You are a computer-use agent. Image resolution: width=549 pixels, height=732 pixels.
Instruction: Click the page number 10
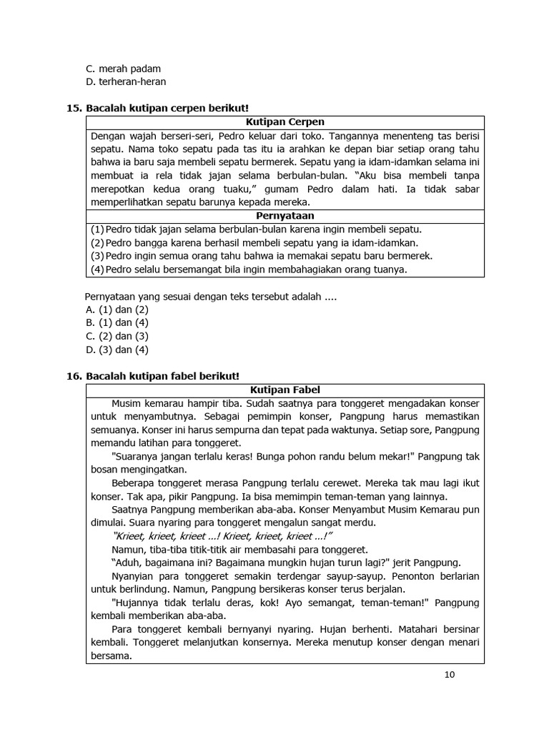click(449, 673)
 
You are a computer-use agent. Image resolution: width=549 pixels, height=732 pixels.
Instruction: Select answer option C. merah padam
click(123, 69)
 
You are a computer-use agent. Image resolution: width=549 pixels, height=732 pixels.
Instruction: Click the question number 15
click(74, 108)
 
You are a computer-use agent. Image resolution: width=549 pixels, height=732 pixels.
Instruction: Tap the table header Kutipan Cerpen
click(285, 122)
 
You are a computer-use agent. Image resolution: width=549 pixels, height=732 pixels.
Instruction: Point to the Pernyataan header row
click(285, 215)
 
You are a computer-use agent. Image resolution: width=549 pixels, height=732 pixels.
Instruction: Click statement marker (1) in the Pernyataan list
click(97, 229)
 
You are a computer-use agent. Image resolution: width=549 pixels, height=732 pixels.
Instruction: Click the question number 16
click(74, 375)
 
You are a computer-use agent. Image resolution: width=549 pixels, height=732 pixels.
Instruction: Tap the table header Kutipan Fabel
click(285, 390)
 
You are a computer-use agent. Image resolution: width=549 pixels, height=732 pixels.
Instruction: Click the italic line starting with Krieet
click(223, 536)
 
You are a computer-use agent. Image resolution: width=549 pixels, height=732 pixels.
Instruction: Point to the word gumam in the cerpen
click(286, 189)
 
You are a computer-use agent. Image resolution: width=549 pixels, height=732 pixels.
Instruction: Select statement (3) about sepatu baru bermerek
click(261, 256)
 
